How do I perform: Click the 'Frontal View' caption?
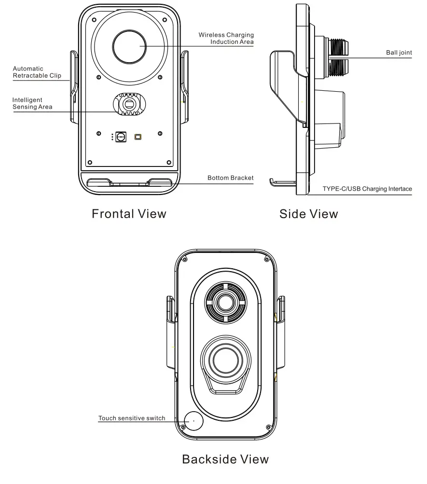tap(129, 214)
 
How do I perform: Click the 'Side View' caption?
tap(308, 214)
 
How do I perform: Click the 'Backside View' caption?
tap(225, 459)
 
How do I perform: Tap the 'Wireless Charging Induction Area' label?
tap(226, 39)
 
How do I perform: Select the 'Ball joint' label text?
tap(399, 53)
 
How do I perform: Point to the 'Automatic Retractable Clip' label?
tap(37, 72)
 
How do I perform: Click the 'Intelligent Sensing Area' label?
tap(32, 103)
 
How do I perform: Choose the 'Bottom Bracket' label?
tap(230, 178)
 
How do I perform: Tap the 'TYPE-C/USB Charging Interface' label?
tap(367, 189)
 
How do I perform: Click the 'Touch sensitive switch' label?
tap(132, 418)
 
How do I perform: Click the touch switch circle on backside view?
tap(192, 421)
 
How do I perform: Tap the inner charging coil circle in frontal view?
tap(129, 46)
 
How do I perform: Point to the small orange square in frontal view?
tap(138, 137)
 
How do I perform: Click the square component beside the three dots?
tap(121, 137)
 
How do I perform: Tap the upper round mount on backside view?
tap(225, 303)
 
